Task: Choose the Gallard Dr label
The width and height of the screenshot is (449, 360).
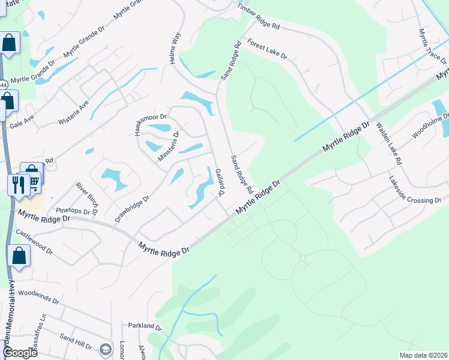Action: click(x=218, y=182)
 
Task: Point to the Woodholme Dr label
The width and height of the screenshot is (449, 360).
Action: click(x=430, y=125)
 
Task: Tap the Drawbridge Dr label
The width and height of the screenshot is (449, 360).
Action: click(x=133, y=208)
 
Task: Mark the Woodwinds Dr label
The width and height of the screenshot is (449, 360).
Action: click(x=38, y=297)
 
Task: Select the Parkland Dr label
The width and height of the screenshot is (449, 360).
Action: click(x=145, y=326)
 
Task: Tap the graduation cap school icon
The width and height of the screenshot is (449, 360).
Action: click(x=106, y=349)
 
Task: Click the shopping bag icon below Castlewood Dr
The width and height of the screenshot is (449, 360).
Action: click(x=19, y=256)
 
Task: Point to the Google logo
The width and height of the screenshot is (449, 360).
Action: click(x=19, y=353)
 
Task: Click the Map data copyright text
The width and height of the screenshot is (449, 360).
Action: click(x=423, y=355)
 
